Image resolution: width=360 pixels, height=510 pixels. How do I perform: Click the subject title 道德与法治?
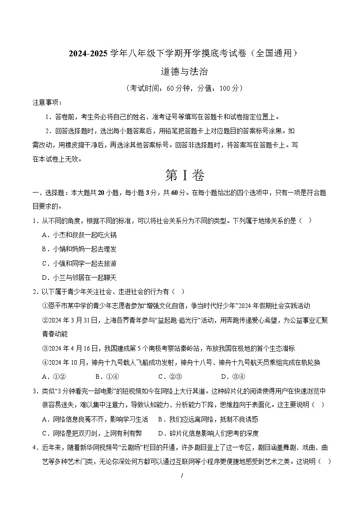click(180, 72)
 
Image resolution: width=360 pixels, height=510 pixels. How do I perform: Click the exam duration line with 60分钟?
click(180, 88)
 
